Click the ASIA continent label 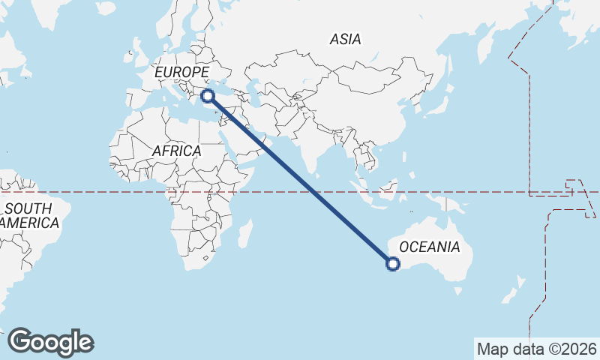coord(345,39)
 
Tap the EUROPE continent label coord(181,72)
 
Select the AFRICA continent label coord(176,151)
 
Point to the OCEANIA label coord(429,247)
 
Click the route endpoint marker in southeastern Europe coord(208,95)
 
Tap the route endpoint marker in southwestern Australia coord(392,263)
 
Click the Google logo coord(50,342)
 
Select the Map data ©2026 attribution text coord(536,349)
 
